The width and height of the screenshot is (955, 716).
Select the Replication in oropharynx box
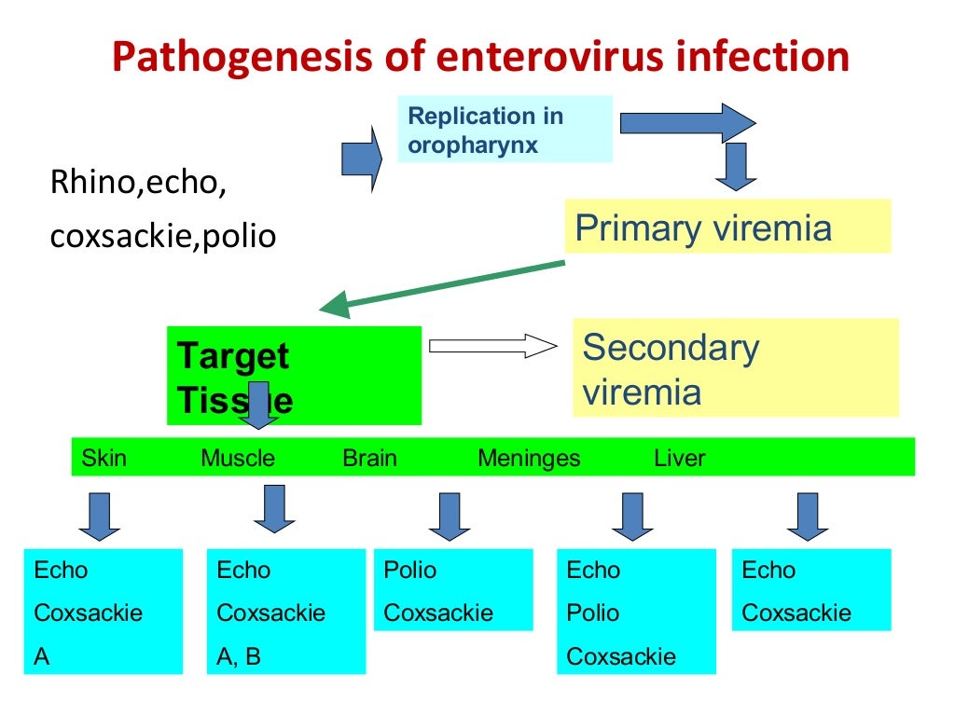point(505,130)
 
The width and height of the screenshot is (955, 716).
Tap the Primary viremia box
point(727,227)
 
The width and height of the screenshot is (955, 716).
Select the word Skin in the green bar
point(104,458)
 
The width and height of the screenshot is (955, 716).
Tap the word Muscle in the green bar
point(238,458)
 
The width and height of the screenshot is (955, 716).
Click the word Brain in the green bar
point(369,458)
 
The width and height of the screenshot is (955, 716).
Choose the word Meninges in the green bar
point(528,458)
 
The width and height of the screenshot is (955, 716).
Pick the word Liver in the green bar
point(680,458)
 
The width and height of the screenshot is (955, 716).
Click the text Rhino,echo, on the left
point(138,183)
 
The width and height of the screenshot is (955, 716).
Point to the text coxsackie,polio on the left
point(162,236)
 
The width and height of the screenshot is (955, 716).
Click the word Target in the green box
point(232,356)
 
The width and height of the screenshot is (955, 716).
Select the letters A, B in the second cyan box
point(239,656)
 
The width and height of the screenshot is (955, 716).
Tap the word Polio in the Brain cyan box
point(409,570)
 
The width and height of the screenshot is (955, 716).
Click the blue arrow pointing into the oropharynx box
point(363,159)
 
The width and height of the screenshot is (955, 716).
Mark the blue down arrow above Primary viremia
point(735,167)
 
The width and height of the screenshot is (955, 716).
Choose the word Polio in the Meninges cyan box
point(592,613)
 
